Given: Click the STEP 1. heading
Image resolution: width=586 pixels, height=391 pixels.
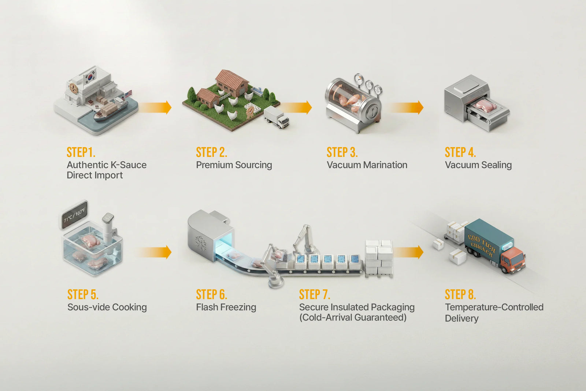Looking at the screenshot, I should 81,152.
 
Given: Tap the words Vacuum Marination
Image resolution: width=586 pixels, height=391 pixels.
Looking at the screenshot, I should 367,165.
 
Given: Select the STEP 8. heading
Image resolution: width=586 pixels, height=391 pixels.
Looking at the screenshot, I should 460,294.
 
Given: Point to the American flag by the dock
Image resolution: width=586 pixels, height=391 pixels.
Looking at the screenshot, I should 128,95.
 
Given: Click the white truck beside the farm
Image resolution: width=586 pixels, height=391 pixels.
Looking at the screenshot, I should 277,117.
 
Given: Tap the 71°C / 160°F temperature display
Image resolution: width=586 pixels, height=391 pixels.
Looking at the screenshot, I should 74,214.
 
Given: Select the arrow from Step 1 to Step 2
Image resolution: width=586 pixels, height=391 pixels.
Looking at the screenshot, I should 155,107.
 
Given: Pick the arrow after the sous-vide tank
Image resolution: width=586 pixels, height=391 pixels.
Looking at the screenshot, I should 153,252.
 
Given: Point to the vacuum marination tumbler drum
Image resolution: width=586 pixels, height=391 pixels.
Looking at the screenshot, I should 352,99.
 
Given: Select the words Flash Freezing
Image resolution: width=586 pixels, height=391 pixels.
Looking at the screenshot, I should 226,307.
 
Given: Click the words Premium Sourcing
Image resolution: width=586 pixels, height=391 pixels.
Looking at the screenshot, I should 234,165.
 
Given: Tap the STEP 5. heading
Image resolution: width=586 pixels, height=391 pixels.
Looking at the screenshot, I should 83,294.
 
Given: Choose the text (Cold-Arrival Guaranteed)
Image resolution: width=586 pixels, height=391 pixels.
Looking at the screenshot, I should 353,317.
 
